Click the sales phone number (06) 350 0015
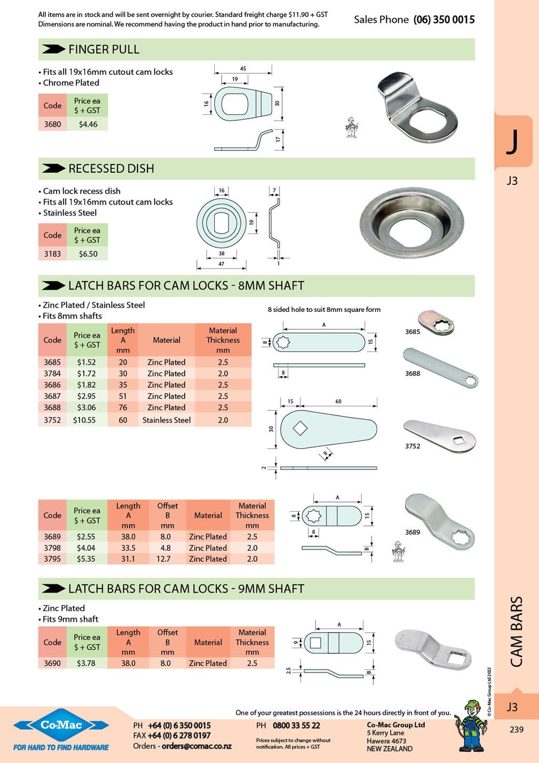tap(444, 19)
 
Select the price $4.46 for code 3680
tap(88, 124)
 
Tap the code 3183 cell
tap(53, 254)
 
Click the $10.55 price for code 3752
tap(84, 420)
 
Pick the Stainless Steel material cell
tap(166, 420)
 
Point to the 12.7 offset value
tap(163, 559)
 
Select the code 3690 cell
tap(53, 663)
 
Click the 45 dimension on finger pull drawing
tap(243, 69)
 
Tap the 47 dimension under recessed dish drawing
tap(221, 263)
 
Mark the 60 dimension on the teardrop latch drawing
tap(338, 401)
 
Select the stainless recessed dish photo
tap(412, 222)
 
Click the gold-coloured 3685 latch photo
tap(436, 322)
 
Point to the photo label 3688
tap(413, 373)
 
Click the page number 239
tap(516, 730)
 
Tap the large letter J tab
tap(513, 142)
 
